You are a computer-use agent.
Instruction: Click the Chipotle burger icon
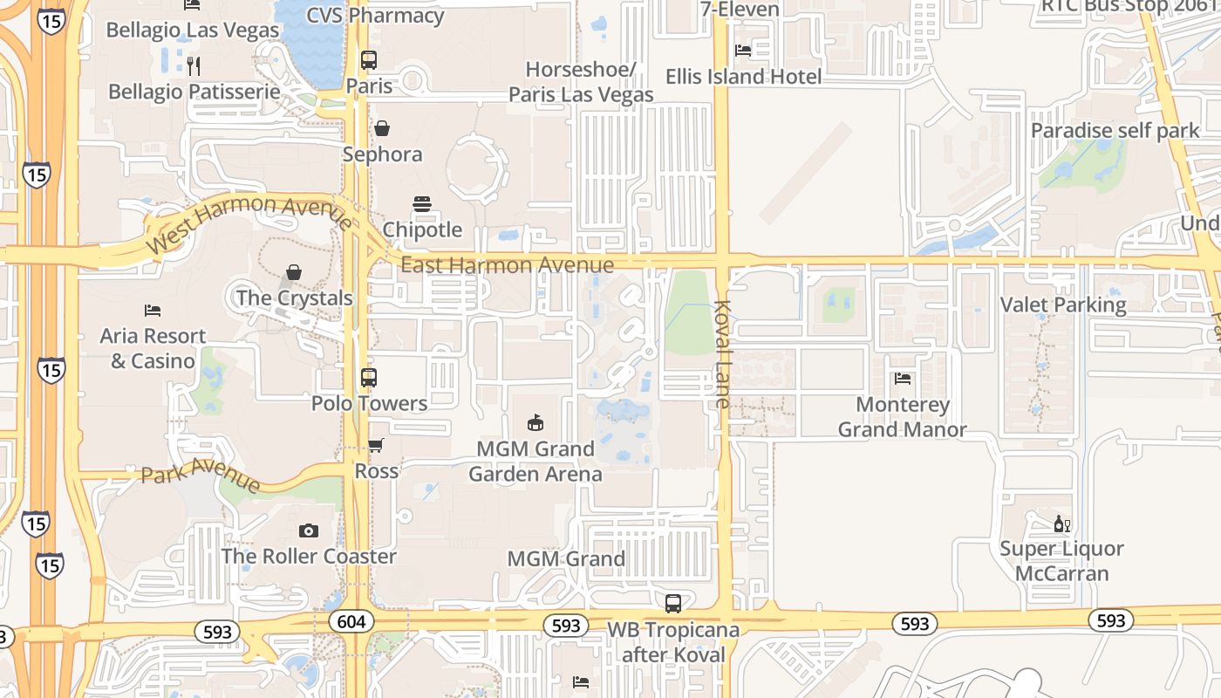(x=422, y=205)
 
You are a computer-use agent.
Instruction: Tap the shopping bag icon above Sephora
(x=382, y=129)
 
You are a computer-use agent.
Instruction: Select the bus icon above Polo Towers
(x=369, y=378)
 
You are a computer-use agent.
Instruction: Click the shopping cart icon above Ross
(x=376, y=446)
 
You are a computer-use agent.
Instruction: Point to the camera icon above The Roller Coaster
(x=308, y=530)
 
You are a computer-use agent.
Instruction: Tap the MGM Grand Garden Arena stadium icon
(x=535, y=423)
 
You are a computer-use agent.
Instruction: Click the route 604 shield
(x=351, y=621)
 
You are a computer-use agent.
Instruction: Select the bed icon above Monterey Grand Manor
(x=903, y=379)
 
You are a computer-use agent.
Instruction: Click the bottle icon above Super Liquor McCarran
(x=1061, y=523)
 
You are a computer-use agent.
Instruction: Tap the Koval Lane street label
(x=722, y=354)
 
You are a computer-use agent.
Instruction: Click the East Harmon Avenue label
(x=507, y=264)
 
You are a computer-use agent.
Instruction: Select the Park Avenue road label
(x=201, y=478)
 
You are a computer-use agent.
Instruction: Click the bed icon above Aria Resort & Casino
(x=153, y=311)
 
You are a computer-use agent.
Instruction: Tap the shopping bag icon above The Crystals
(x=294, y=272)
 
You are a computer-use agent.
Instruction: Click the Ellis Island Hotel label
(x=743, y=77)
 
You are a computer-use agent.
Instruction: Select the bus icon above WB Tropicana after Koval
(x=672, y=603)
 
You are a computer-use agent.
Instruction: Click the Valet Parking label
(x=1063, y=305)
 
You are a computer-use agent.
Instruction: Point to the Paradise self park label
(x=1115, y=131)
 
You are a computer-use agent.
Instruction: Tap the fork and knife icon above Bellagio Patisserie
(x=194, y=65)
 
